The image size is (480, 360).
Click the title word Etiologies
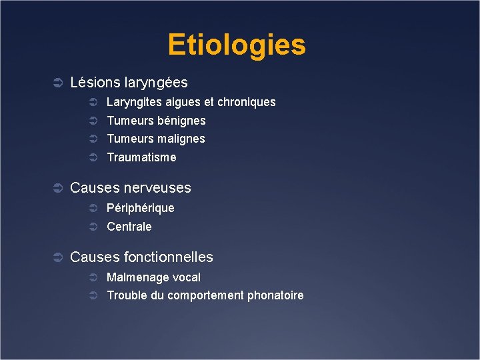tap(237, 45)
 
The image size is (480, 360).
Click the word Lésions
tap(95, 83)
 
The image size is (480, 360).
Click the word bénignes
tap(181, 121)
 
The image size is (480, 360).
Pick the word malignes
tap(181, 139)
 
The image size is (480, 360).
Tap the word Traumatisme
tap(141, 157)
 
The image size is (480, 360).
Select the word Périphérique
tap(140, 208)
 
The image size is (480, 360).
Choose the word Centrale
tap(129, 227)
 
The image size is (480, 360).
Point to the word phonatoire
tap(275, 295)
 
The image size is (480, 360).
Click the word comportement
tap(205, 295)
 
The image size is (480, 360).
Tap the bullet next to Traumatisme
tap(94, 158)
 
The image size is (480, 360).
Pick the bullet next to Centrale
tap(94, 227)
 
